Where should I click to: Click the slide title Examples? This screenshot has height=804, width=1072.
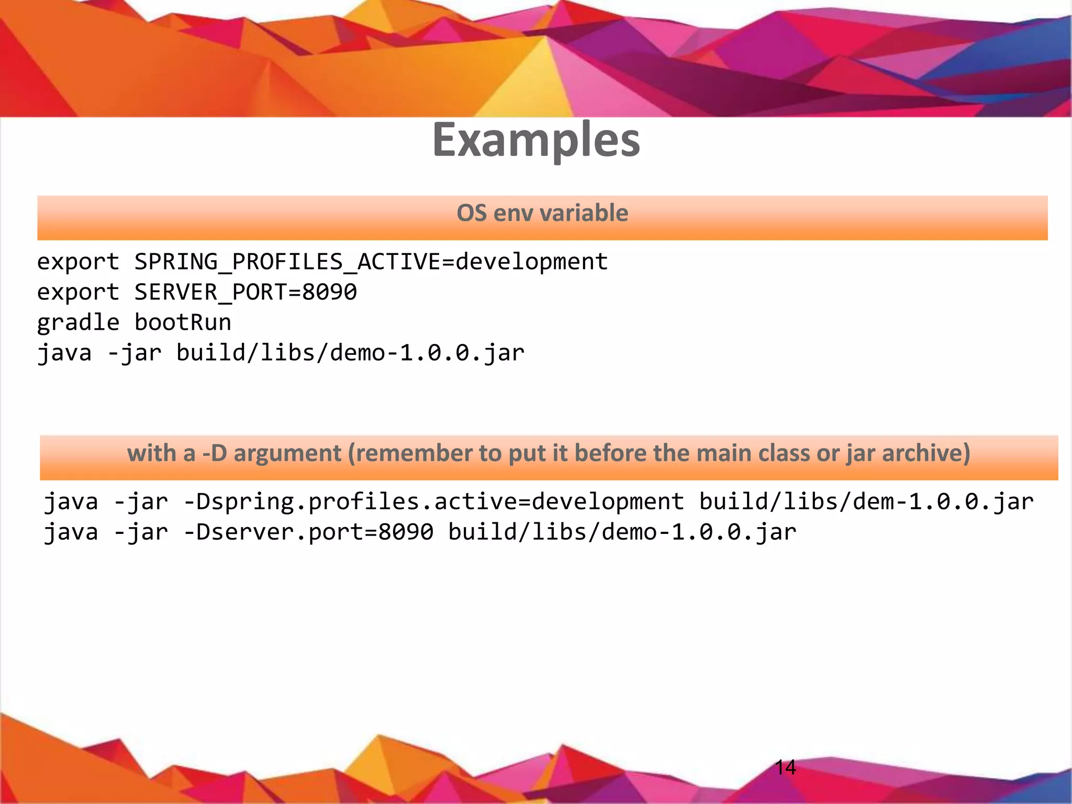[536, 140]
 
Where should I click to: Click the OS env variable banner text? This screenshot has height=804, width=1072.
[542, 213]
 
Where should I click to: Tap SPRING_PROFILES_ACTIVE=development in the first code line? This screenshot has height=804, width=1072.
[371, 262]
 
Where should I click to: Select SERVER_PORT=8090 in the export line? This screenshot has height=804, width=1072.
[245, 292]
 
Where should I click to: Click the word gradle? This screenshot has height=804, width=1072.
[78, 322]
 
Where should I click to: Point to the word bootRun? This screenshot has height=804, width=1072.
[183, 322]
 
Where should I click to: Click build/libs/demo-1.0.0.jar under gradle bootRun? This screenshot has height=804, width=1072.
[350, 353]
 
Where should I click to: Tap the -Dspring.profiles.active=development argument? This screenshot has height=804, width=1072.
[433, 501]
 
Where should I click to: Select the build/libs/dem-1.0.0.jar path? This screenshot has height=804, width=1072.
[866, 501]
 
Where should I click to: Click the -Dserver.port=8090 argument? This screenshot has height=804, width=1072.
[308, 532]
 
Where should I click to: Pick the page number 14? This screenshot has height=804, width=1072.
[785, 767]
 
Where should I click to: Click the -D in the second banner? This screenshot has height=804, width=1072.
[215, 453]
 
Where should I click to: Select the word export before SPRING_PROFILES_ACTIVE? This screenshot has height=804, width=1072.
[78, 262]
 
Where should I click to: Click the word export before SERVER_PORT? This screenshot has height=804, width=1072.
[78, 292]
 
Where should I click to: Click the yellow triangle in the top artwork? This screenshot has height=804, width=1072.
[529, 84]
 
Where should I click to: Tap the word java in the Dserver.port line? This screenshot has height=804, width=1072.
[71, 532]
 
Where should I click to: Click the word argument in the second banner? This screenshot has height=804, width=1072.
[287, 453]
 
